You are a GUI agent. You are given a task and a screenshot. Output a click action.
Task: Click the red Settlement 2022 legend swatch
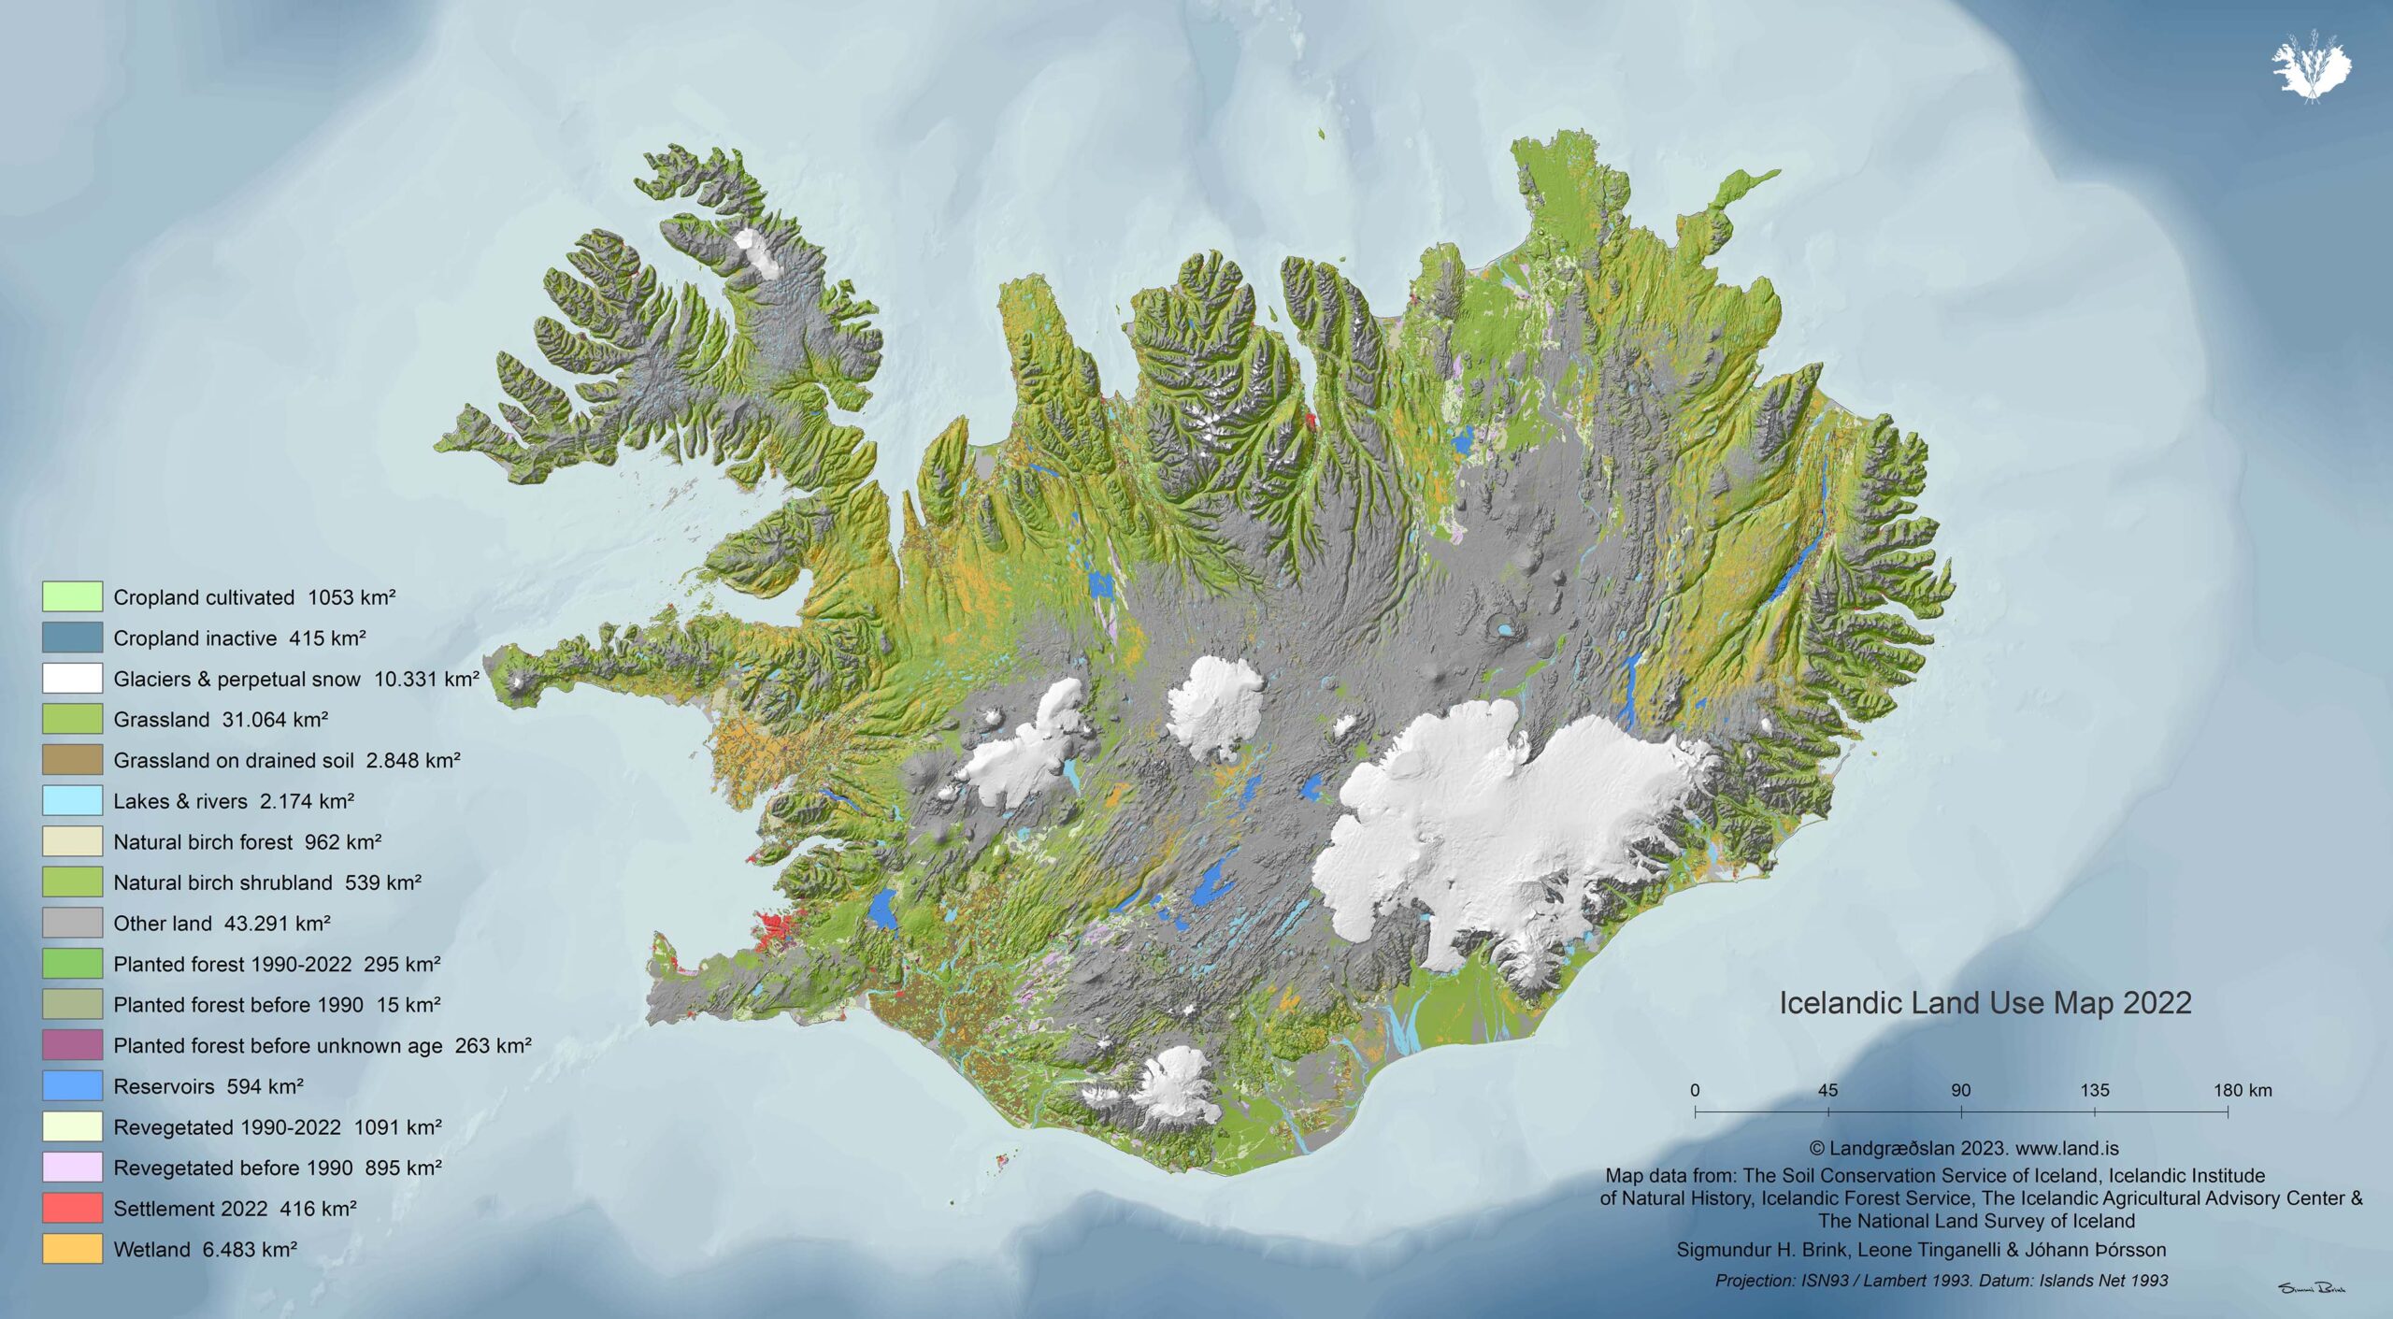72,1208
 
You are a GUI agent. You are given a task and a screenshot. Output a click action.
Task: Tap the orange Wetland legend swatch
72,1249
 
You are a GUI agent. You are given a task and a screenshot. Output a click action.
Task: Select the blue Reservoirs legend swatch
72,1085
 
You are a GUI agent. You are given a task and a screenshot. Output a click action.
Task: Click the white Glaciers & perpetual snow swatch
72,679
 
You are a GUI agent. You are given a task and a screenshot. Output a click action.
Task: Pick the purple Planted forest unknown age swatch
72,1045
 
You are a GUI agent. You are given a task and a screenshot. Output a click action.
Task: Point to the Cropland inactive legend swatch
72,638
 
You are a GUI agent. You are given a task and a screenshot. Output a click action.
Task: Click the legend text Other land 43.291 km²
222,924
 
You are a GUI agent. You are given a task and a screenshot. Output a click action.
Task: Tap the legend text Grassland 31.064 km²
221,720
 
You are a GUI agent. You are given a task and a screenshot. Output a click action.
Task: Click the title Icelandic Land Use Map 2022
1985,1003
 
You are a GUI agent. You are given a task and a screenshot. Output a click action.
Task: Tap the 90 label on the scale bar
1961,1090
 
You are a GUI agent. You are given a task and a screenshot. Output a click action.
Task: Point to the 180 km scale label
2242,1090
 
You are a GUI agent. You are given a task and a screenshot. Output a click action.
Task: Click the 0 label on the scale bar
1695,1090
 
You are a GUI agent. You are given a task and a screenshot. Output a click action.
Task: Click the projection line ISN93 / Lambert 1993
1942,1281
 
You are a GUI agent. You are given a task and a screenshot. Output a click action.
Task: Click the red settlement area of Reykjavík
776,930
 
